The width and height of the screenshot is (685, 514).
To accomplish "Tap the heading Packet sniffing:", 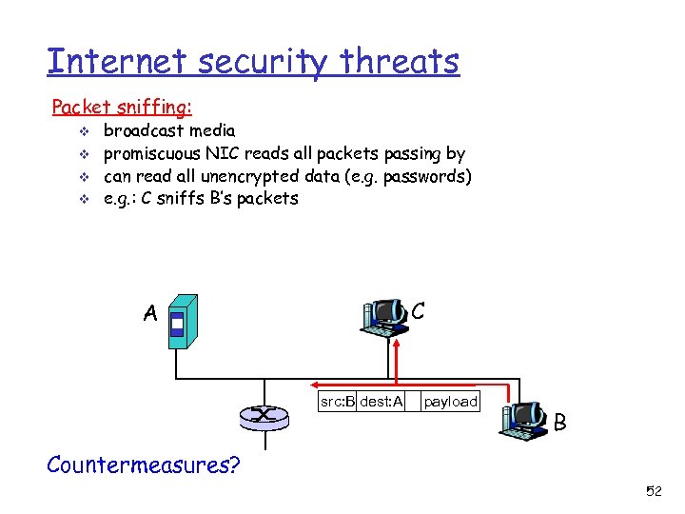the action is (x=122, y=107).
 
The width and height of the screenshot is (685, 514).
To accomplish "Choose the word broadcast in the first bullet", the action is (x=144, y=129).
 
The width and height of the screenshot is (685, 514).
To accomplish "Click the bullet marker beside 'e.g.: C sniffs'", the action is (x=84, y=199).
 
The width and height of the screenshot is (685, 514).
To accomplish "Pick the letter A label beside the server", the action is (x=150, y=313).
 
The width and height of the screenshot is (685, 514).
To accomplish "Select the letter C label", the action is (x=418, y=310).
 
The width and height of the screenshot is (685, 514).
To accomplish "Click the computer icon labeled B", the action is (x=524, y=419).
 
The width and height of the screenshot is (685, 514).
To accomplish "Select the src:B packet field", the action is (x=337, y=402).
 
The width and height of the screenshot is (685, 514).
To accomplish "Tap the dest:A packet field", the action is (x=382, y=402).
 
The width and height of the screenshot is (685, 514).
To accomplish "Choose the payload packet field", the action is (x=450, y=402).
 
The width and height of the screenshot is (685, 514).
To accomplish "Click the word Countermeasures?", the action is (x=144, y=465).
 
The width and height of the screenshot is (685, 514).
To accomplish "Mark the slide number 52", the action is (x=654, y=491).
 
